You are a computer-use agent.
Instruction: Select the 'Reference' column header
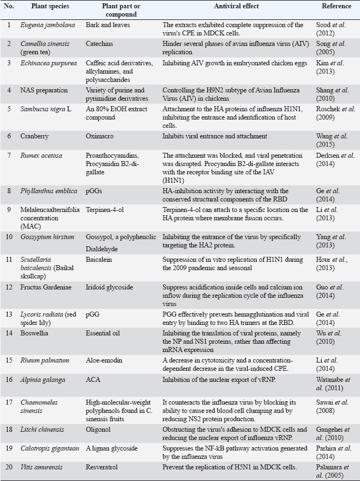click(x=336, y=7)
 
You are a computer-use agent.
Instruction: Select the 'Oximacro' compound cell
click(x=100, y=136)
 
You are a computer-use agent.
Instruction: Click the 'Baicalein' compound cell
click(x=100, y=258)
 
